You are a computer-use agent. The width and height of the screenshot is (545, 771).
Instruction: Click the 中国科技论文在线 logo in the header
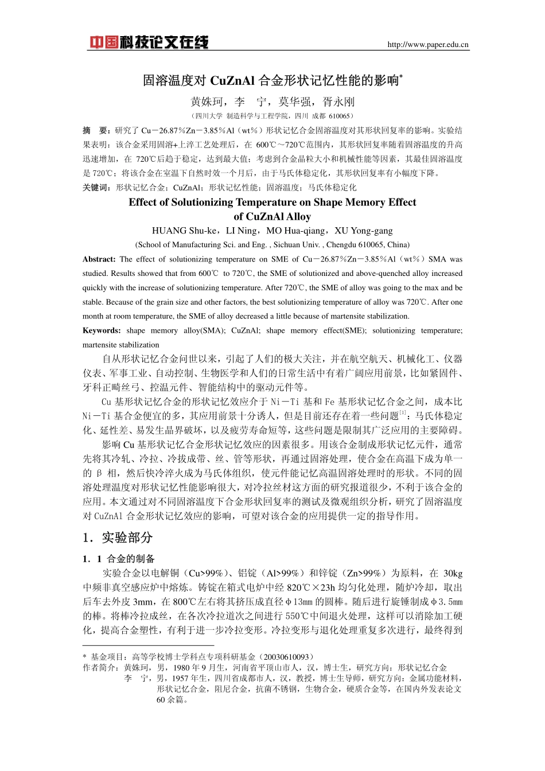(149, 42)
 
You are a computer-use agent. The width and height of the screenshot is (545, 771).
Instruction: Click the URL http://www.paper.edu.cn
(428, 45)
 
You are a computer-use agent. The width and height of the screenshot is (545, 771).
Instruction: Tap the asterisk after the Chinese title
(402, 76)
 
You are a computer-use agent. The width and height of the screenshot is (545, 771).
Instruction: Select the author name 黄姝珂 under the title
(207, 102)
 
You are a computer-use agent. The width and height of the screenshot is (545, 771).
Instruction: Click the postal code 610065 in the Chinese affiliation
(339, 116)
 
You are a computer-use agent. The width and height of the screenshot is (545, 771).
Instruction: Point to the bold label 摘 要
(95, 130)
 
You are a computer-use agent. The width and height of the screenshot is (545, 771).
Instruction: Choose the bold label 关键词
(96, 187)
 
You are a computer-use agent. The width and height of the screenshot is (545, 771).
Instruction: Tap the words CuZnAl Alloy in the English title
(272, 216)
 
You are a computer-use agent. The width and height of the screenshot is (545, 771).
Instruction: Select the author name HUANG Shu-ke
(184, 231)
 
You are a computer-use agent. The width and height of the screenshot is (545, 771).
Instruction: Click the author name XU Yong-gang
(364, 231)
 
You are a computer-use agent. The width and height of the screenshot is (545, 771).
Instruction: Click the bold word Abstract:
(99, 259)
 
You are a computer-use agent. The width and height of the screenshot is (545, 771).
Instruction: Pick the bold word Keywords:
(102, 330)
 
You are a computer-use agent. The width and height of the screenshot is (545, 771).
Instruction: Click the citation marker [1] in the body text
(403, 412)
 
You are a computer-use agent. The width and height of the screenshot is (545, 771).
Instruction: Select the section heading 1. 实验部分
(118, 538)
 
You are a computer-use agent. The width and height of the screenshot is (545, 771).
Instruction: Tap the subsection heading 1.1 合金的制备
(119, 559)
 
